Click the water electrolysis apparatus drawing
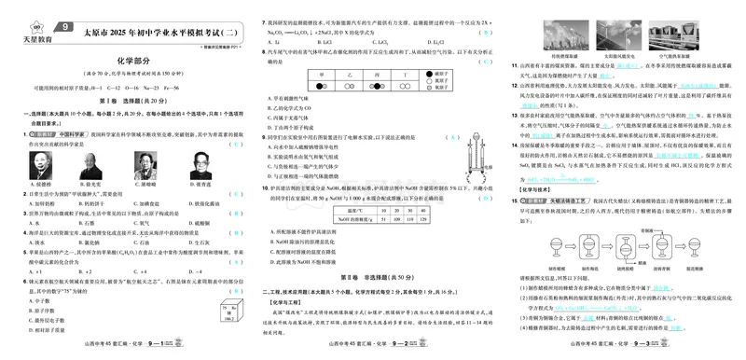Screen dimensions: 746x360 click(474, 151)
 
